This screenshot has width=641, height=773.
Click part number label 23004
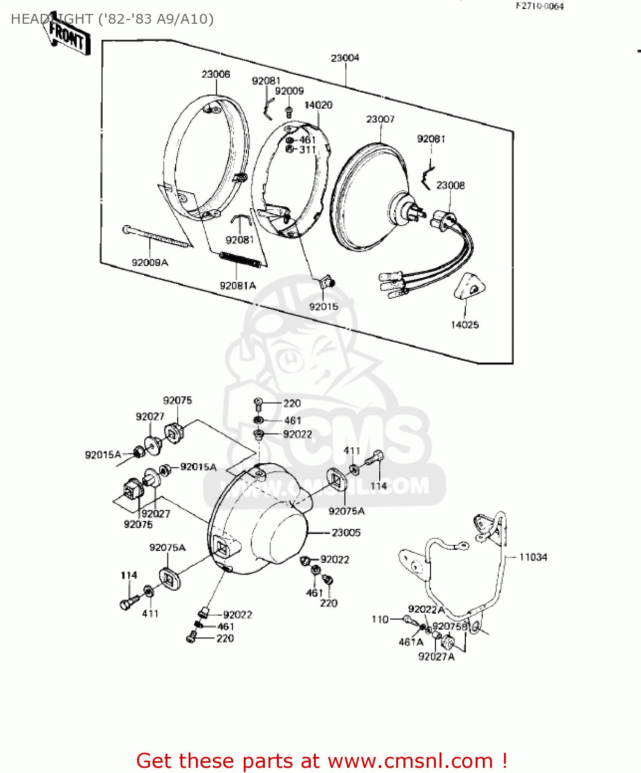(x=345, y=58)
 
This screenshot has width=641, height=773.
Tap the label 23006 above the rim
(x=215, y=74)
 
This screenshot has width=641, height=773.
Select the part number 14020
(x=318, y=105)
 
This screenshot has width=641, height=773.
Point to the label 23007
(x=380, y=119)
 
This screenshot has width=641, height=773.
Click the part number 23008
(x=450, y=185)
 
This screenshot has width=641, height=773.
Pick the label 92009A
(x=150, y=262)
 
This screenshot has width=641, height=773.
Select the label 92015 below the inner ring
(x=324, y=307)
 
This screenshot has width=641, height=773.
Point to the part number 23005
(x=346, y=532)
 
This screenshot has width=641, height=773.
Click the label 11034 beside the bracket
(x=533, y=557)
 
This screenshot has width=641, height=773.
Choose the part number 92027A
(x=436, y=657)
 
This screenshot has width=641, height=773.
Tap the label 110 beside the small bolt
(x=380, y=619)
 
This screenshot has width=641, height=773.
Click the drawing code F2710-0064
(x=540, y=6)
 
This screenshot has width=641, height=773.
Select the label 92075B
(x=450, y=626)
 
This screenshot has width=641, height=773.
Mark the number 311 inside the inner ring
(x=307, y=150)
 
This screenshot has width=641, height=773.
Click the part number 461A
(x=411, y=642)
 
